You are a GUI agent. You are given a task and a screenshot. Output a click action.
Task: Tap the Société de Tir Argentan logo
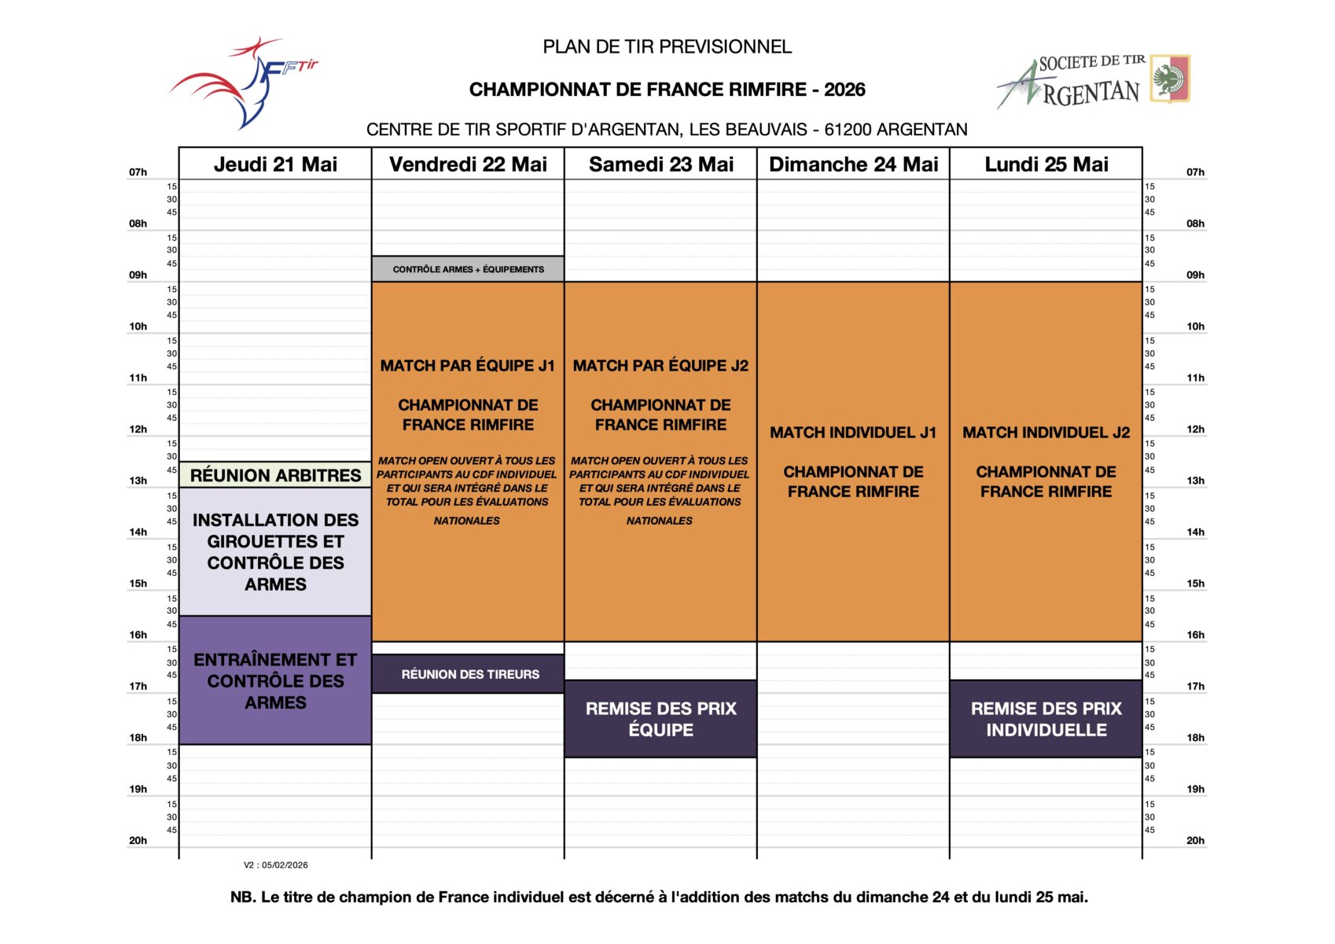coord(1093,80)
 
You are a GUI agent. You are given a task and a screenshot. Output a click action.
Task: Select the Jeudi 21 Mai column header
coord(275,164)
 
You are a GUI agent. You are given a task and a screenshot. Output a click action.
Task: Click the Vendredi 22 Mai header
coord(468,164)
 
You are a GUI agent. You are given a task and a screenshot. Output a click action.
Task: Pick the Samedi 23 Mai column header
coord(660,164)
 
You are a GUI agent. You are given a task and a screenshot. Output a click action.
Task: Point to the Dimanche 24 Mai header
coord(853,164)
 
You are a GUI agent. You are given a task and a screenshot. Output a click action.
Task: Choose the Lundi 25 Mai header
coord(1046,164)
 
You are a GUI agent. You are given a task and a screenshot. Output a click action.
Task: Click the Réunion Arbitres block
coord(275,475)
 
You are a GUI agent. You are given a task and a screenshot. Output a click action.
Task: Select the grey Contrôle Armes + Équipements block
coord(468,269)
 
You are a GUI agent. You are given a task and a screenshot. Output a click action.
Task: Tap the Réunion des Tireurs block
coord(469,674)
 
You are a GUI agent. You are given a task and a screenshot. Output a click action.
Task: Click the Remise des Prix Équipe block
coord(660,719)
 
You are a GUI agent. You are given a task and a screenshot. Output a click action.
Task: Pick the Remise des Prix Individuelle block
coord(1046,719)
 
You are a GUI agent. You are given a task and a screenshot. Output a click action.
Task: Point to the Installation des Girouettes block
coord(275,551)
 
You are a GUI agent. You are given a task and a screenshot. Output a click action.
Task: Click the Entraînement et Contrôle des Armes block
coord(275,680)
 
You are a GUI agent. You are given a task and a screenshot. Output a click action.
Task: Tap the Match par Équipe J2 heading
coord(660,366)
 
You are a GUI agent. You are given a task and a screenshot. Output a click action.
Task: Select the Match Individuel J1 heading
coord(853,433)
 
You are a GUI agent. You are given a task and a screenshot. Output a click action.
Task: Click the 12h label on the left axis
coord(138,430)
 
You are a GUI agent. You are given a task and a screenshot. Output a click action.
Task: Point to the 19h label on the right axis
coord(1195,789)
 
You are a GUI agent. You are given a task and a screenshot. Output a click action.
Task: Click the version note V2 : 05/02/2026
coord(276,865)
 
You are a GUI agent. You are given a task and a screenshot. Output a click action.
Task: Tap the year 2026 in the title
coord(844,90)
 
